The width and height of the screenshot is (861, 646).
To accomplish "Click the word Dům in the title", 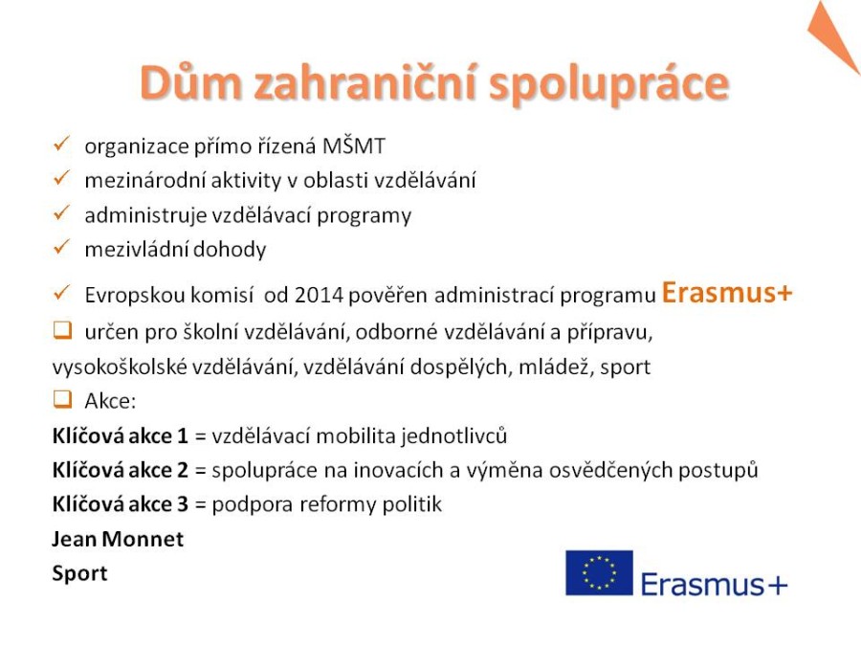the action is [190, 82].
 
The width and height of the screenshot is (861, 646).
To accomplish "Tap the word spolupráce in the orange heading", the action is [609, 86].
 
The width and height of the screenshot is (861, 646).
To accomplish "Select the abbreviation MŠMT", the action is [354, 145].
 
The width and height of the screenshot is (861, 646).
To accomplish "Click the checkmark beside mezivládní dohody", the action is [61, 247].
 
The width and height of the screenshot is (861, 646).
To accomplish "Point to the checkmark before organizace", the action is [61, 144].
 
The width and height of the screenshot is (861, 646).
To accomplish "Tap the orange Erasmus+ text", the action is [727, 292].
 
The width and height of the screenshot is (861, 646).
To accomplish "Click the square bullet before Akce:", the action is [62, 399].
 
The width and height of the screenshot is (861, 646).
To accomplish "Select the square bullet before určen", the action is [62, 330].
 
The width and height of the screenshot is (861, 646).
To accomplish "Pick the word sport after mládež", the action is [625, 367].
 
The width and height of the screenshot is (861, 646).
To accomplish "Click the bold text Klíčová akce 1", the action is [121, 435].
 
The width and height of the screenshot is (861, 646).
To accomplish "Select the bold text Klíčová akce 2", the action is [121, 470].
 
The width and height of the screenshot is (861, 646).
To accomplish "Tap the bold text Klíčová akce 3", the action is [121, 503].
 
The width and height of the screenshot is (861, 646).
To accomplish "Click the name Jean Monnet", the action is [118, 539].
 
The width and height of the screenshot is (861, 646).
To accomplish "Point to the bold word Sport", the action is [79, 574].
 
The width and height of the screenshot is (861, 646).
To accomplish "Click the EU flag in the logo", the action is [599, 573].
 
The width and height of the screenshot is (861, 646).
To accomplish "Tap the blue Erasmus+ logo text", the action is [714, 584].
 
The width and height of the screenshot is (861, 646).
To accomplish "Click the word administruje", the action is [145, 215].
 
